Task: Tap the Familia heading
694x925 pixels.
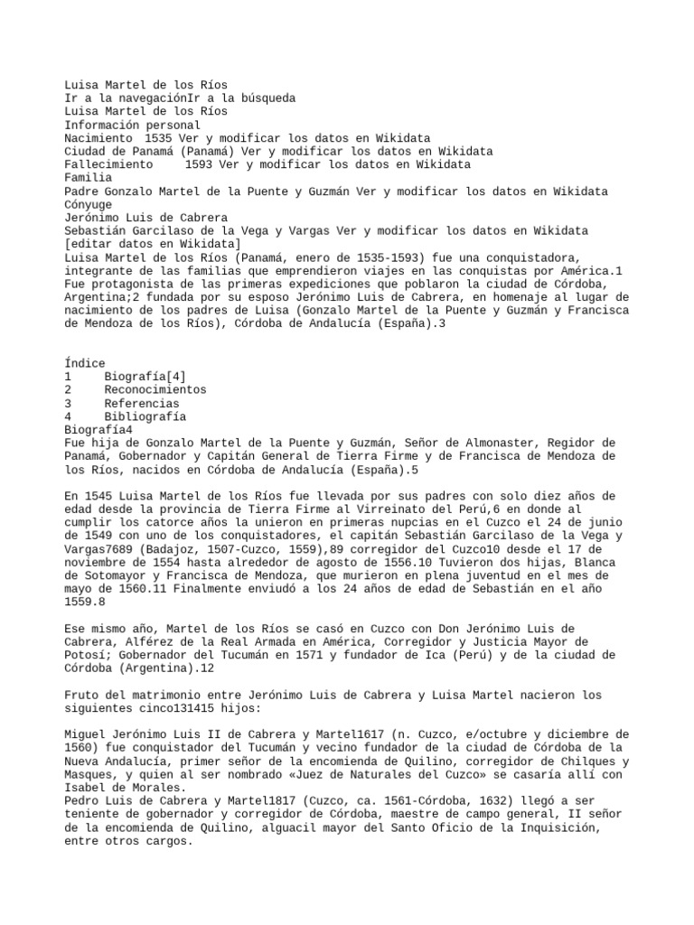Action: coord(89,179)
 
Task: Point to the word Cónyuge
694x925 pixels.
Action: coord(89,205)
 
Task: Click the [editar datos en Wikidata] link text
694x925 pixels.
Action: coord(153,245)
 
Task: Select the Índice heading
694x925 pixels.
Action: coord(85,363)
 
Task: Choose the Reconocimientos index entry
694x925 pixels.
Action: coord(155,390)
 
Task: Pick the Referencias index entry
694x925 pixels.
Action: coord(142,404)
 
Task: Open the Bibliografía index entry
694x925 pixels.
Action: coord(145,417)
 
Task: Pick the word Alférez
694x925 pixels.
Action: coord(145,641)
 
